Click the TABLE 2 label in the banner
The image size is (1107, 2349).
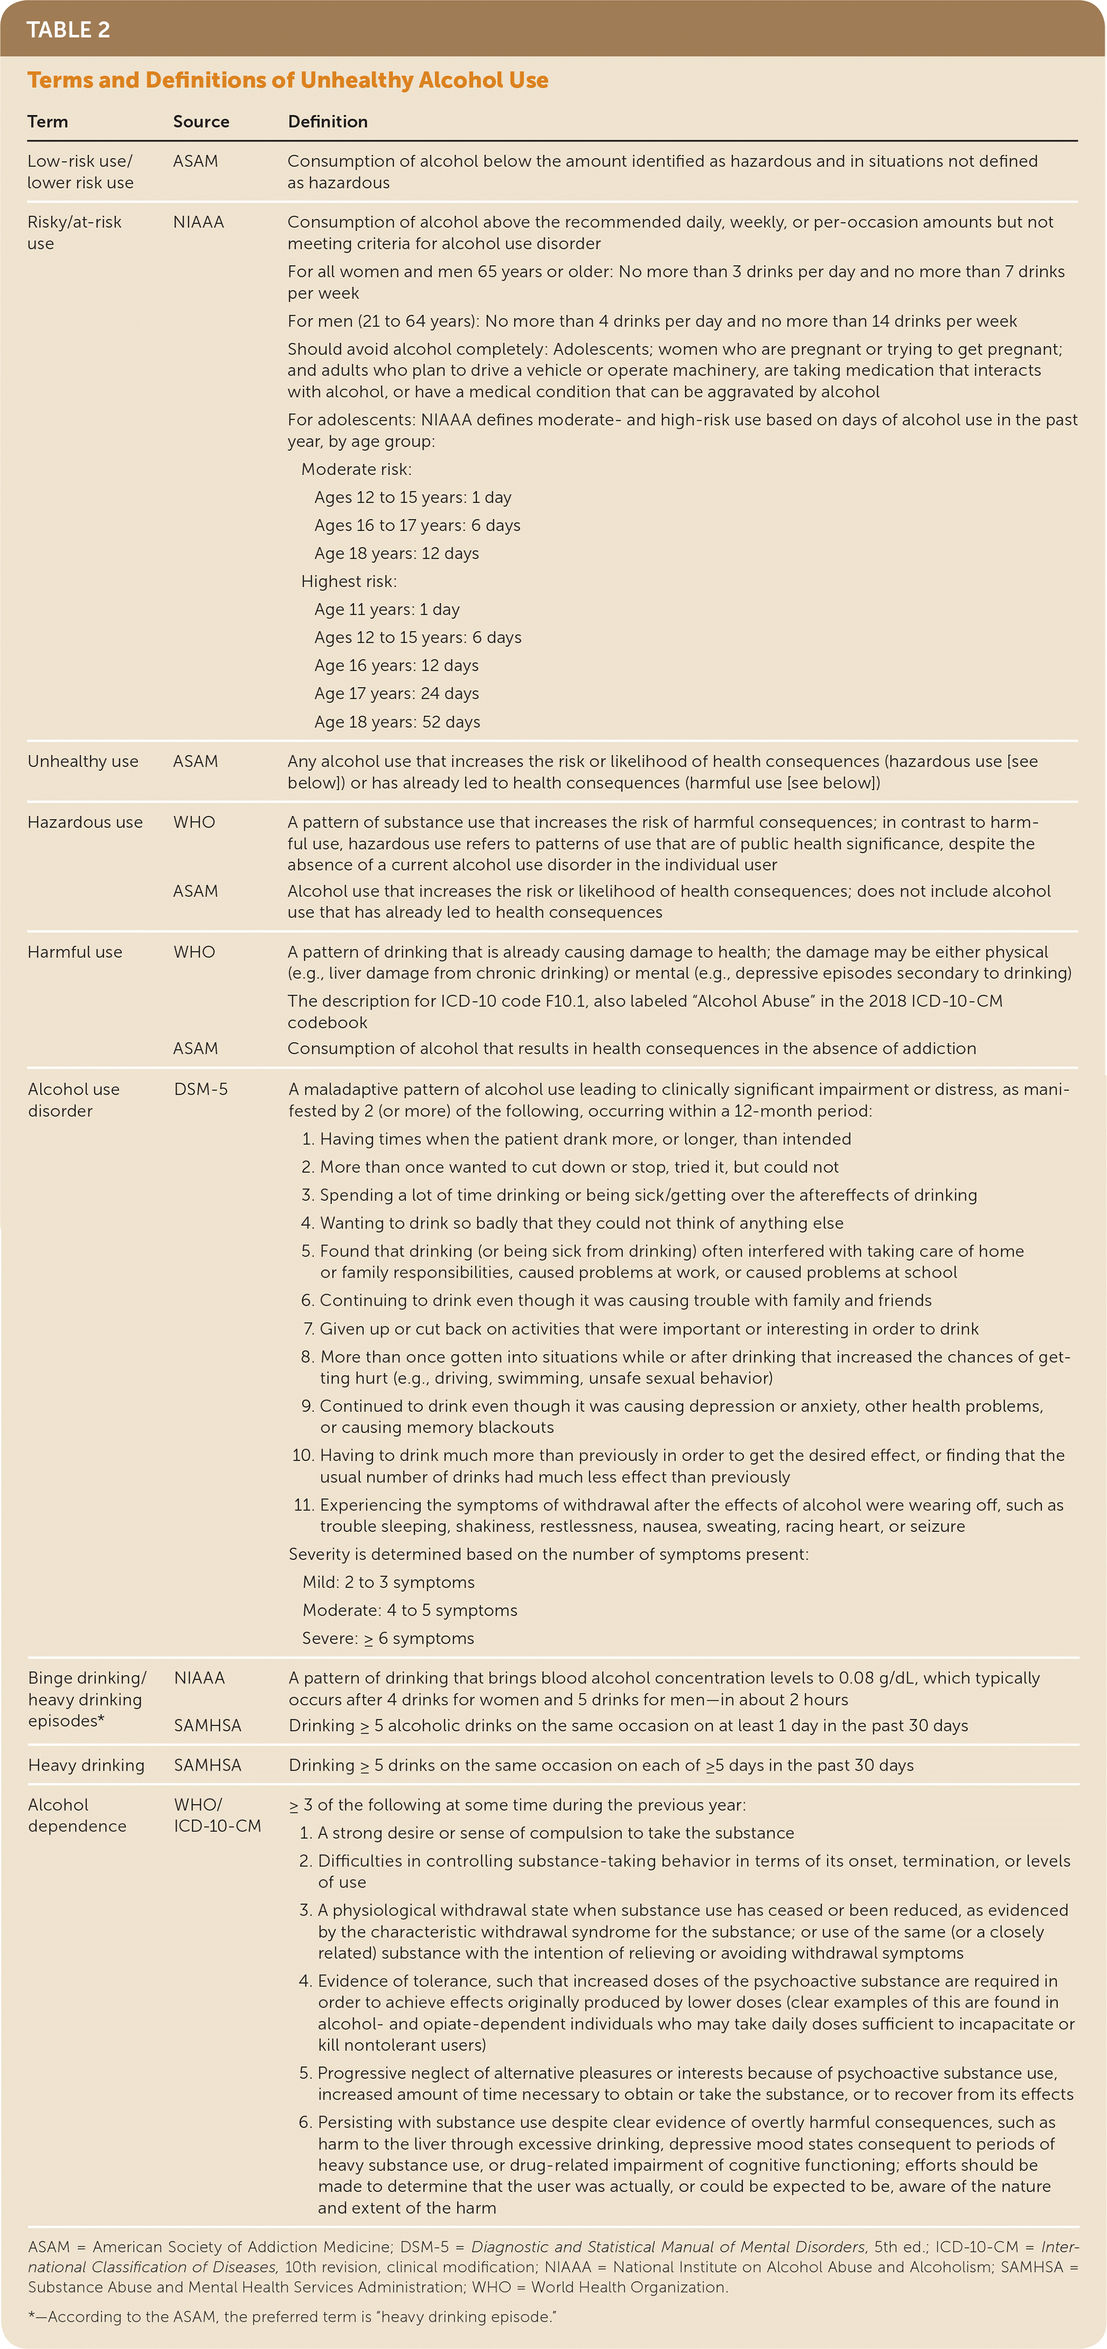pyautogui.click(x=68, y=30)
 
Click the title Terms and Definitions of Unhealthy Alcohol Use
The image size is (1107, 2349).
pyautogui.click(x=287, y=80)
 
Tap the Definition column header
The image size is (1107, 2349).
pyautogui.click(x=327, y=121)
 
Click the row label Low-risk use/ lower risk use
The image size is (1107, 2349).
pyautogui.click(x=80, y=171)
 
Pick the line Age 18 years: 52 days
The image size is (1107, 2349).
pyautogui.click(x=397, y=721)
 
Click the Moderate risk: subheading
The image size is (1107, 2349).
pyautogui.click(x=356, y=469)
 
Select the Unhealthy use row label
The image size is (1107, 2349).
pyautogui.click(x=83, y=761)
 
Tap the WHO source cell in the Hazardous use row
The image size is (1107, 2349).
pyautogui.click(x=194, y=822)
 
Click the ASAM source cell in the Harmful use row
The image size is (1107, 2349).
pyautogui.click(x=195, y=1048)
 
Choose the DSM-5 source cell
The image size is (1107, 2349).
pyautogui.click(x=200, y=1089)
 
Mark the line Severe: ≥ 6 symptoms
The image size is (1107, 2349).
pyautogui.click(x=388, y=1638)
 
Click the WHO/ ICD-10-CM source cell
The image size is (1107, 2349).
pyautogui.click(x=217, y=1815)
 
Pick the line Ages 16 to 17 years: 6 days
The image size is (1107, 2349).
pyautogui.click(x=417, y=525)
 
